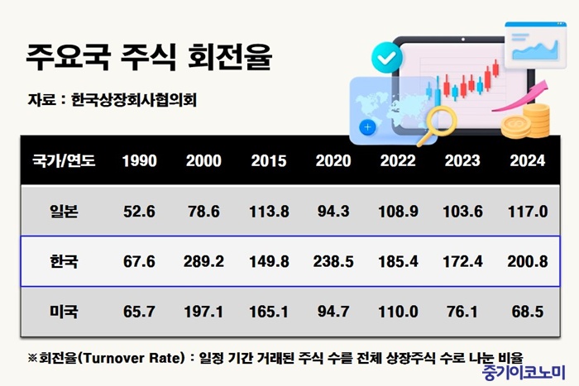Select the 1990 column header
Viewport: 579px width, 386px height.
coord(139,160)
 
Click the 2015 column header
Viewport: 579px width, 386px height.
coord(269,160)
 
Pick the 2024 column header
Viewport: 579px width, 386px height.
coord(528,160)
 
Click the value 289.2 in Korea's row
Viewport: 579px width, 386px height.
coord(203,263)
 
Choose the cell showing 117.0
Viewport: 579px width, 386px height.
coord(528,212)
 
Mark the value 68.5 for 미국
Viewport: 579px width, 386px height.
coord(528,312)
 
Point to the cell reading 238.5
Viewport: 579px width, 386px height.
coord(333,263)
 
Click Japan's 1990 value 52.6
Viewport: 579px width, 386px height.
coord(139,212)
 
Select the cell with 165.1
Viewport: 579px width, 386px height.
coord(269,312)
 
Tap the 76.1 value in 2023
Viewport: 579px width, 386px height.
coord(462,312)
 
